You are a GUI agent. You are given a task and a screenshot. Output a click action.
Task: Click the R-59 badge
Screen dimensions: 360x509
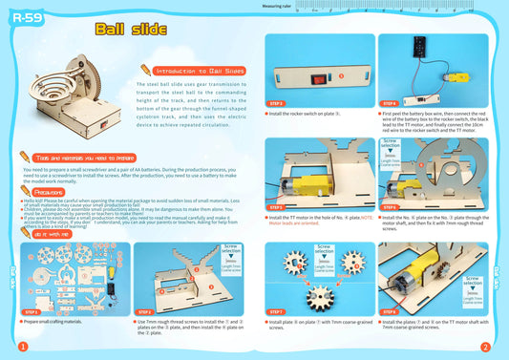(26, 18)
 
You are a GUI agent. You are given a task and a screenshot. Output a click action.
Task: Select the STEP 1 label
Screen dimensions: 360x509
(32, 311)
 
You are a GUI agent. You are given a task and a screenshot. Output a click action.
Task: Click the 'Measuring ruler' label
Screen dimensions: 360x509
(278, 5)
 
